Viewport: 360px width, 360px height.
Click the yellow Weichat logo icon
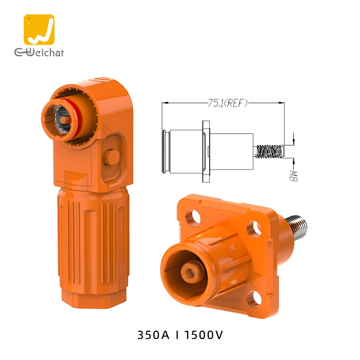[39, 30]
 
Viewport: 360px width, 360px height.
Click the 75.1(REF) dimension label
[222, 102]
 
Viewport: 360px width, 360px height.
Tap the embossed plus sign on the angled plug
[105, 128]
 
